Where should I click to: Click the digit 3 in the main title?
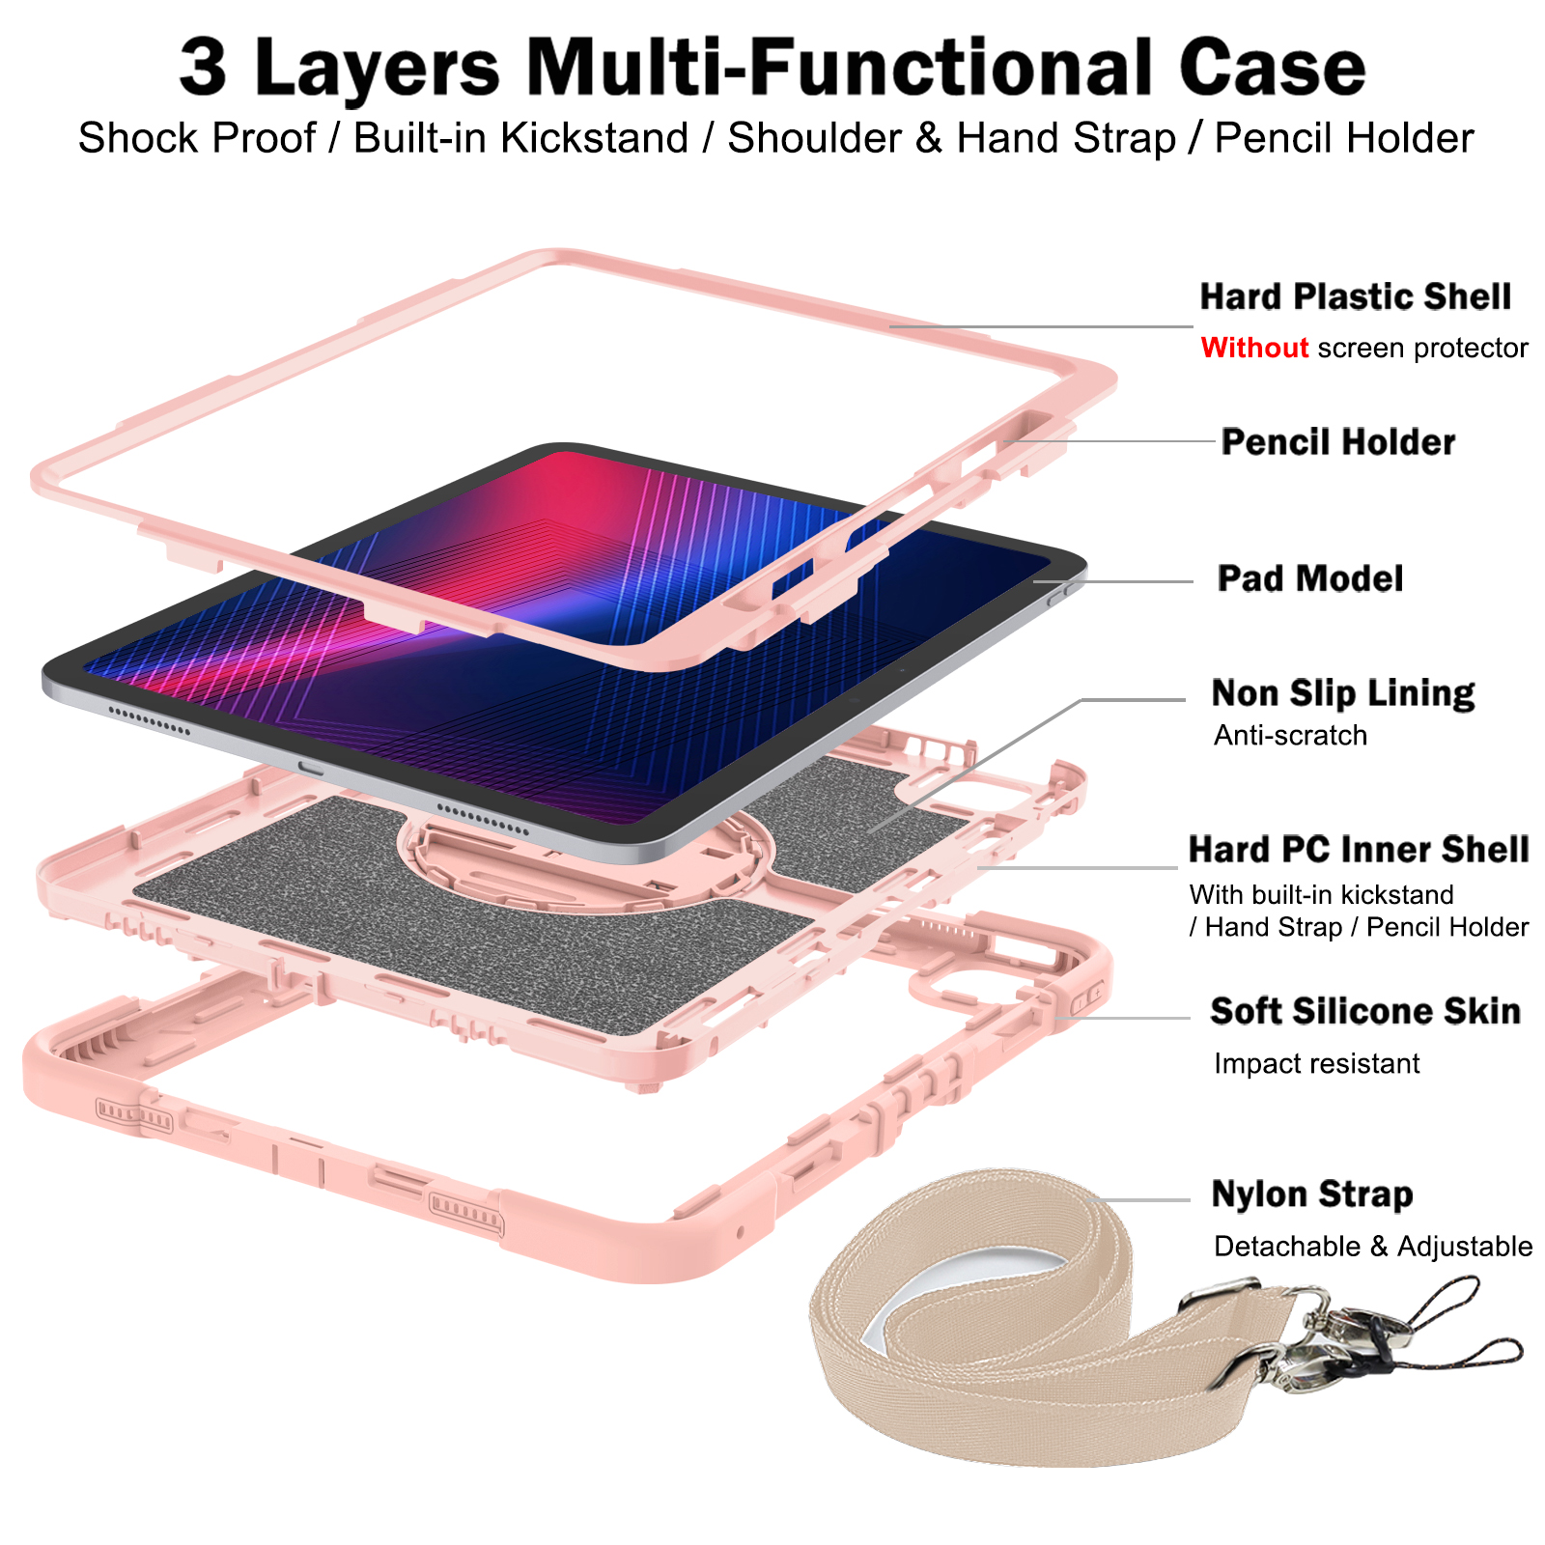[x=204, y=68]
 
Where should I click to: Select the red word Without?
[x=1254, y=348]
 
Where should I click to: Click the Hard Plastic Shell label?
[x=1355, y=297]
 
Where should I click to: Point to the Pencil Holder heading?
[x=1337, y=442]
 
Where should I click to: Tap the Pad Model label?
[x=1310, y=578]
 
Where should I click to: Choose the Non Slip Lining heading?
[x=1342, y=693]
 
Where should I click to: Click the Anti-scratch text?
[x=1290, y=736]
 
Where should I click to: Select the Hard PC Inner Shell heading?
[x=1359, y=850]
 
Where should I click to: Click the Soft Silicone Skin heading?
[x=1365, y=1011]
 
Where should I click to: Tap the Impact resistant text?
[x=1316, y=1064]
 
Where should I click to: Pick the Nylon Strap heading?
[x=1312, y=1194]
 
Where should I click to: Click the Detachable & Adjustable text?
[x=1372, y=1247]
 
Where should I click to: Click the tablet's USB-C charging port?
[x=312, y=768]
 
